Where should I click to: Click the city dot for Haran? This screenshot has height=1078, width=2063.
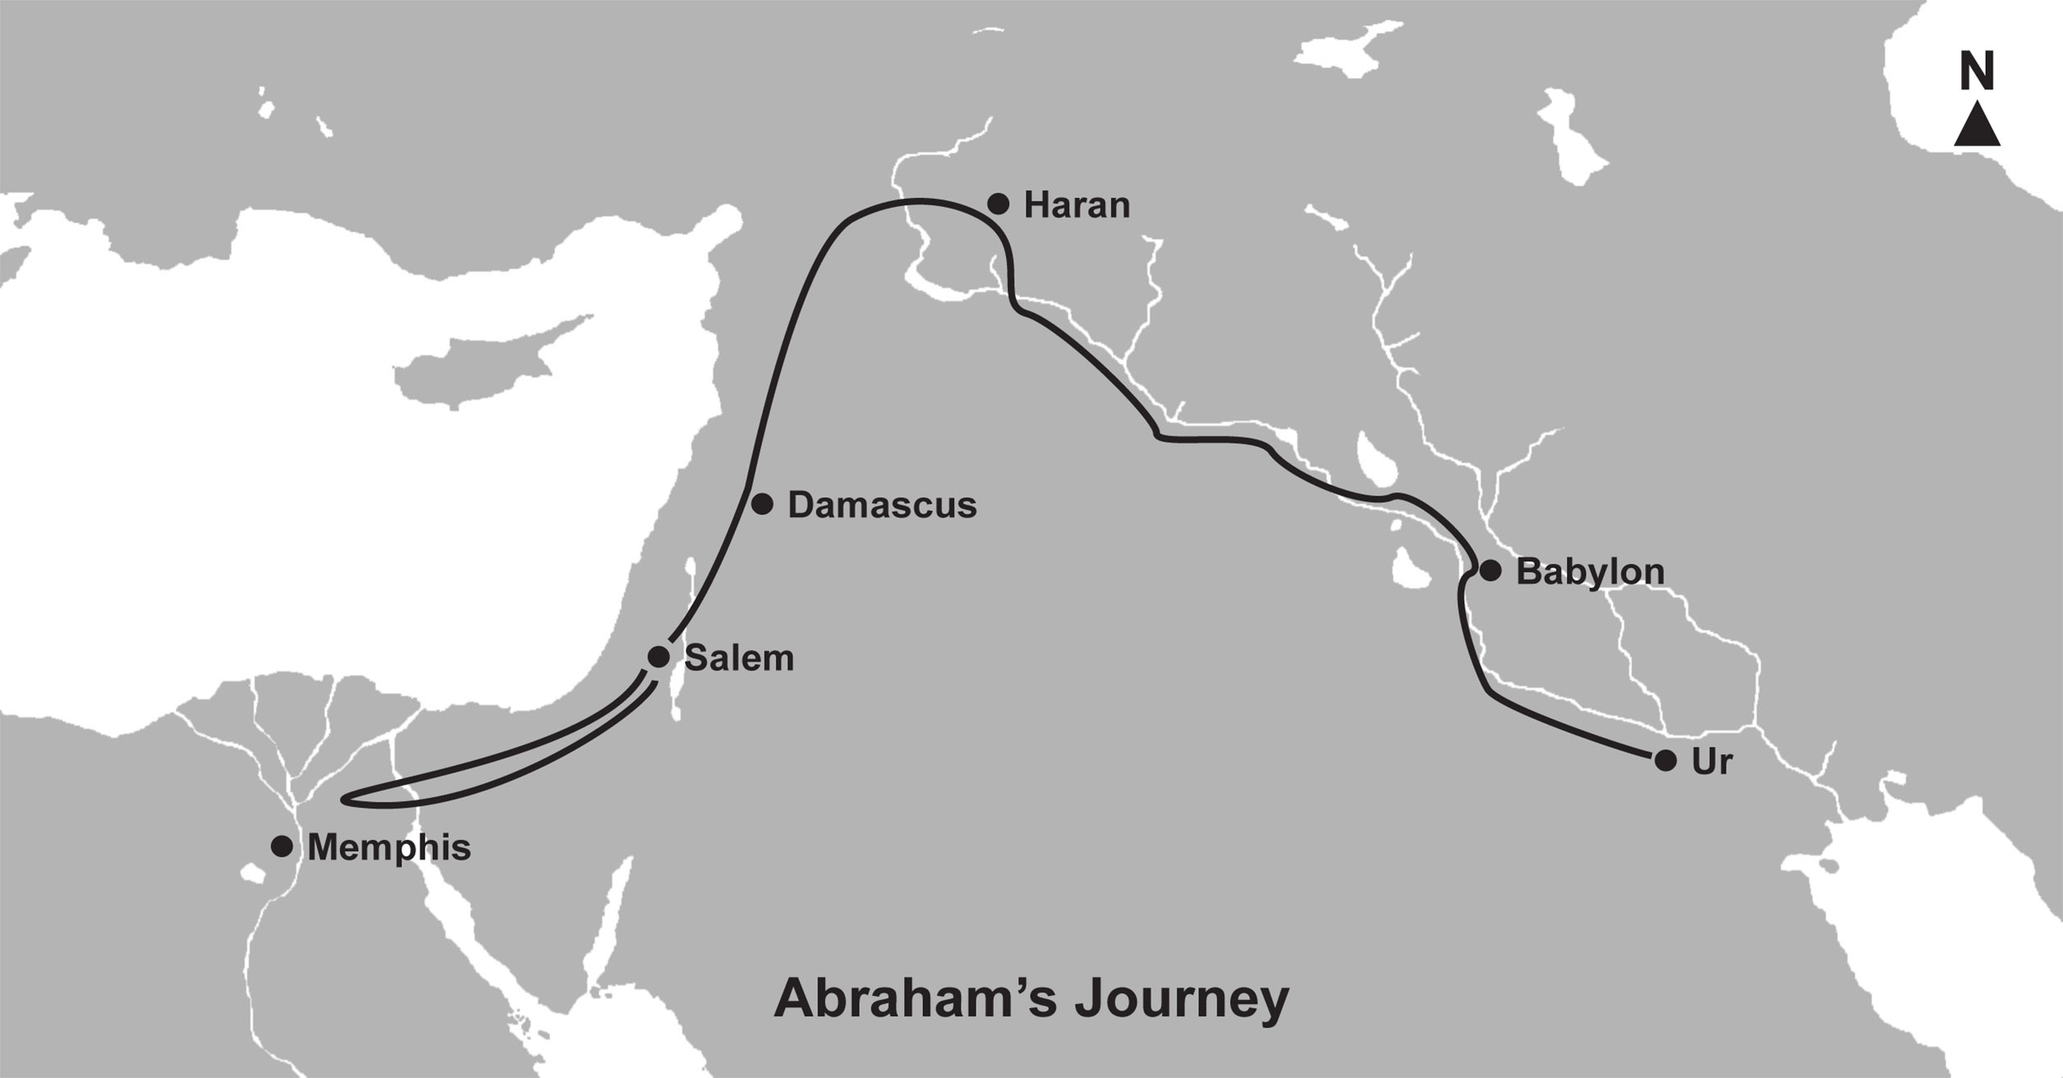coord(998,204)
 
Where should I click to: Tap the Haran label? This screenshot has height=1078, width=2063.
coord(1077,205)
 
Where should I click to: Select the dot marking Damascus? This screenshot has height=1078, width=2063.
coord(762,504)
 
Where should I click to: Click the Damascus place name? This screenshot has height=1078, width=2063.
coord(882,505)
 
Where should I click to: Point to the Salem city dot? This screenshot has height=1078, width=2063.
coord(659,656)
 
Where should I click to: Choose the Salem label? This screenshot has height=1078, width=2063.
coord(739,658)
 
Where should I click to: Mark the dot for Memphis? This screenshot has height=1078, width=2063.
coord(282,846)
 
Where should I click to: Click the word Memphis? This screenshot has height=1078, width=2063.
coord(389,848)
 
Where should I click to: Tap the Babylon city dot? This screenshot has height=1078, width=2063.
coord(1490,570)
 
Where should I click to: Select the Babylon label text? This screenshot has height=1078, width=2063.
coord(1590,572)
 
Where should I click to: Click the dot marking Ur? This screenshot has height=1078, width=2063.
coord(1666,761)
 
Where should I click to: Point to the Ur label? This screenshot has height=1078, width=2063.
coord(1712,762)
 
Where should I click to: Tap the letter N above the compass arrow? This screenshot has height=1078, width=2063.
coord(1977,72)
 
